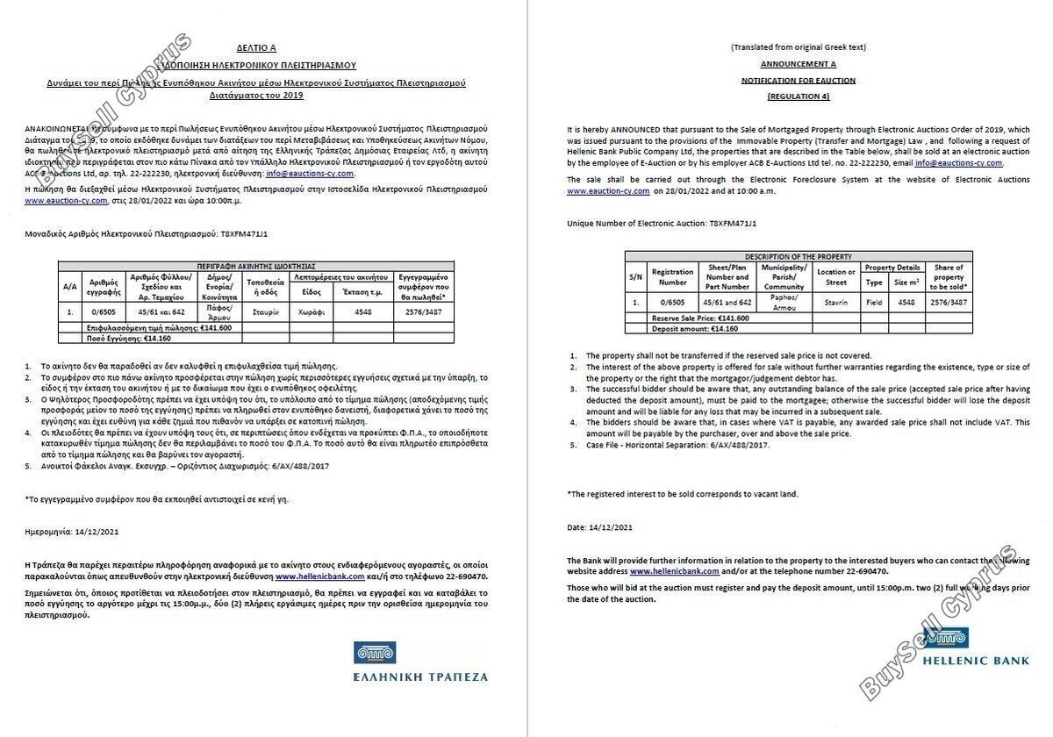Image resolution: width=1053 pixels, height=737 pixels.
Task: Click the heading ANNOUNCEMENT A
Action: pos(798,64)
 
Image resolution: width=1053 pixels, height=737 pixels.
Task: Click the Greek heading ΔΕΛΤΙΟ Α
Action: pos(255,48)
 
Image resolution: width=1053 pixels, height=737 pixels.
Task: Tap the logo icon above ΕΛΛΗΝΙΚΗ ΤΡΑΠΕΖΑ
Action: pos(375,653)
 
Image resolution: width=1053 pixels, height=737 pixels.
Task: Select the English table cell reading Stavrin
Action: pos(836,302)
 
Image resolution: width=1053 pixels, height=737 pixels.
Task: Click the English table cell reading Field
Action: pos(874,302)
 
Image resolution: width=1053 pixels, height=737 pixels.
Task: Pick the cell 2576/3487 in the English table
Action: pos(949,302)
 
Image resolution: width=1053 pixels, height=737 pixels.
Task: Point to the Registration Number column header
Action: pos(672,277)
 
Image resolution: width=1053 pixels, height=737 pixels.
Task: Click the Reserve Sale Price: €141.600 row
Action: pos(700,318)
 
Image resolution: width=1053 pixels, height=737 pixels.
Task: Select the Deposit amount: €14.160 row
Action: pos(695,328)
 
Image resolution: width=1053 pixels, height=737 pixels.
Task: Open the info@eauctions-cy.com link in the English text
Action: pos(958,163)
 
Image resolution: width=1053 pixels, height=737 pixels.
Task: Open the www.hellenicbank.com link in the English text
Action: pos(674,571)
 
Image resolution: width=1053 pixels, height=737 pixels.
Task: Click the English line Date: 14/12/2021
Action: pos(599,527)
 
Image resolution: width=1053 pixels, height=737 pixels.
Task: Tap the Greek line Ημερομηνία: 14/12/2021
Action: pos(72,531)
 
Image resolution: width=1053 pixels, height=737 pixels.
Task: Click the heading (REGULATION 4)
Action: pos(798,96)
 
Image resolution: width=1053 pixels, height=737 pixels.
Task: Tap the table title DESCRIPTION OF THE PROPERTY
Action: pos(798,256)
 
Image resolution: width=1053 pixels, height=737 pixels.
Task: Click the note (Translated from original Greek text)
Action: pos(798,47)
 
